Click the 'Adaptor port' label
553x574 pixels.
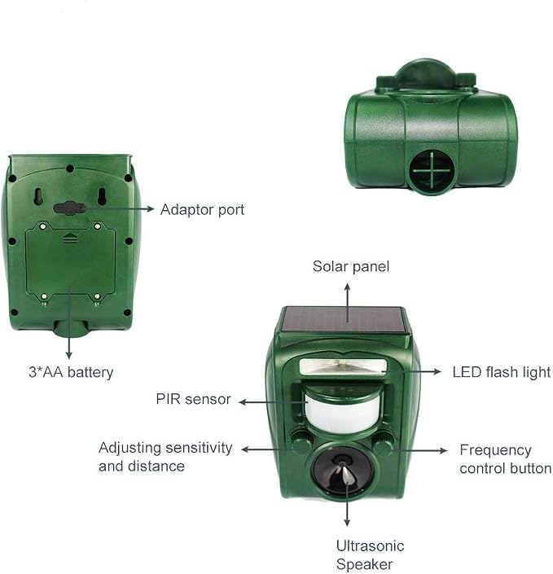pos(202,210)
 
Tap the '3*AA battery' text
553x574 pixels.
pos(71,372)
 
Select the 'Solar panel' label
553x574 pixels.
pos(351,266)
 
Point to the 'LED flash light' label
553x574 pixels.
pos(502,372)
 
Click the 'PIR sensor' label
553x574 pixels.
pos(193,399)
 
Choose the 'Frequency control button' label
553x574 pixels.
pos(506,459)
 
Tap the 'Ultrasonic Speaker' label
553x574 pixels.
pos(370,555)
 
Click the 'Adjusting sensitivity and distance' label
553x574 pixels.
pos(165,457)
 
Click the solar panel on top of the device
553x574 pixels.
pos(343,320)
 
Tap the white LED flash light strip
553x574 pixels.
pos(343,367)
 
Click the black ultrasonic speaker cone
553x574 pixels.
pos(343,472)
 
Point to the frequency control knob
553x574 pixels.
pos(383,443)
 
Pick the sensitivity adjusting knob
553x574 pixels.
pos(302,443)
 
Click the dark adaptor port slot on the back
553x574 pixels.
pos(69,208)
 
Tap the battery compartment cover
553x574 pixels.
pos(70,261)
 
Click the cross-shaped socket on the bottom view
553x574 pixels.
pos(432,171)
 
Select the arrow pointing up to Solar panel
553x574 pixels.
pos(347,303)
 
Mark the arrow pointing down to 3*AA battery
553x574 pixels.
pos(69,323)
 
